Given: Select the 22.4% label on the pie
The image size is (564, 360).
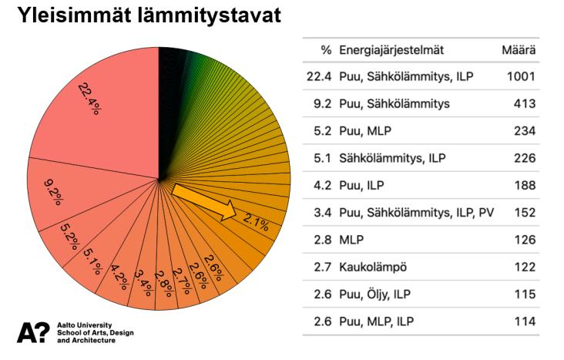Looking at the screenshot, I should click(x=92, y=98).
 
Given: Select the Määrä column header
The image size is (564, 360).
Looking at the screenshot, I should click(x=519, y=51).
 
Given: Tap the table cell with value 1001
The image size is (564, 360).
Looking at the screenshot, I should click(x=521, y=77).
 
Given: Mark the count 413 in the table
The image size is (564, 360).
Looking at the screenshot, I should click(x=525, y=104).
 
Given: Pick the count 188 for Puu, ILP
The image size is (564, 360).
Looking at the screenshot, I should click(x=525, y=185).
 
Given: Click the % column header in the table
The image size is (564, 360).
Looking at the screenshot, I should click(x=326, y=51).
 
